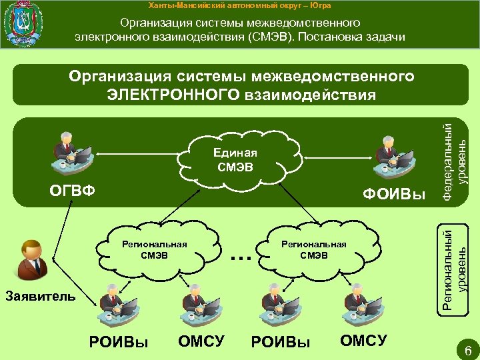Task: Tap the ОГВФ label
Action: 74,192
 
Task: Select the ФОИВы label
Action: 394,195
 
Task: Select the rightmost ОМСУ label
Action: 363,341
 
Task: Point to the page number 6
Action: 467,350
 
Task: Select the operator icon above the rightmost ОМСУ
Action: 361,304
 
